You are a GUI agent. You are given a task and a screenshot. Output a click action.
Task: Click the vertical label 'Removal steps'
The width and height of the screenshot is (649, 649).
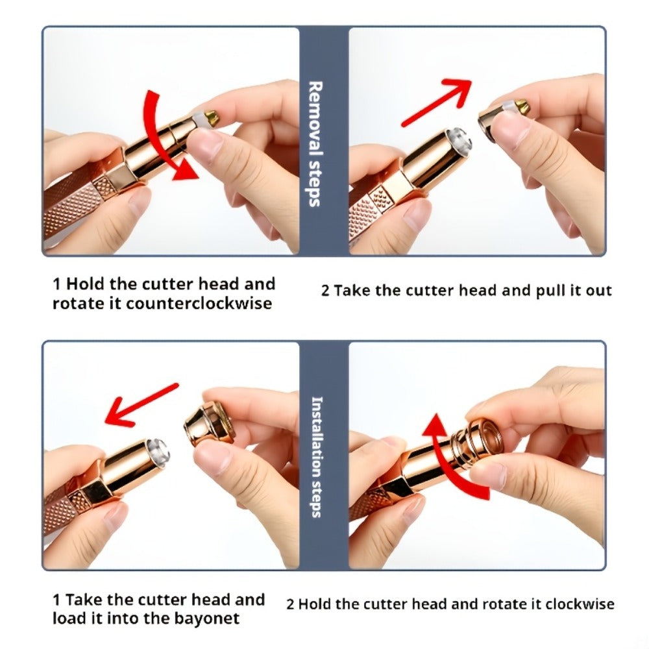[315, 143]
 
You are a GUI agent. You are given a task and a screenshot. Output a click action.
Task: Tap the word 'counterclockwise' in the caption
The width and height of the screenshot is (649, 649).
[199, 304]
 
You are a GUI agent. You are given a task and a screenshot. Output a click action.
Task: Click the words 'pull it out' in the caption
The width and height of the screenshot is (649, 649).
[574, 291]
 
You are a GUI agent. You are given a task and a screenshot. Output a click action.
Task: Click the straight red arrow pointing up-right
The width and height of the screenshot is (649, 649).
[437, 101]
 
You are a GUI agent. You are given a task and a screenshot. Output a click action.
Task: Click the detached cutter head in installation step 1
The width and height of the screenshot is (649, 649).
[210, 422]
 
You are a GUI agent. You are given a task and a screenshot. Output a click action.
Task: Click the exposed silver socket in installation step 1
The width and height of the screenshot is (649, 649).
[157, 450]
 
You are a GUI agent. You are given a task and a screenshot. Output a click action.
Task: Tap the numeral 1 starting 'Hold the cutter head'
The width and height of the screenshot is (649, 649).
[56, 284]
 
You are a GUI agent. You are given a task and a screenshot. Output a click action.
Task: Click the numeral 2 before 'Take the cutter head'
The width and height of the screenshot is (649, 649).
[325, 291]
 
